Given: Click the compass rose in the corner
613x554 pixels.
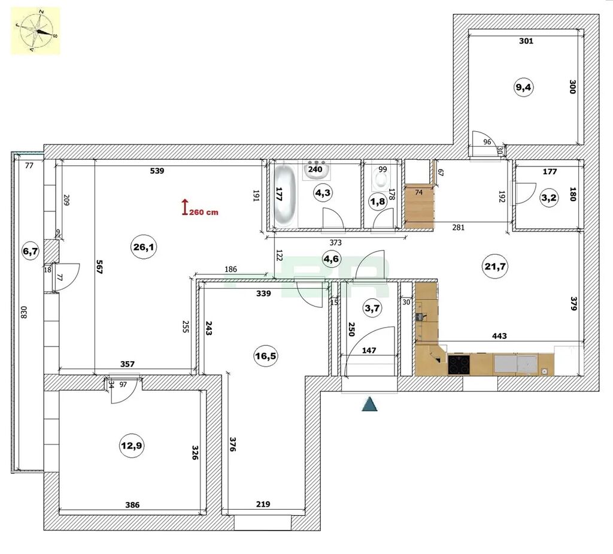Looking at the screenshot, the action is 36,31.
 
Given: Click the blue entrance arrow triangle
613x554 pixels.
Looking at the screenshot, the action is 370,404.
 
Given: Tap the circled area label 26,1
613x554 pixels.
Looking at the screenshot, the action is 144,247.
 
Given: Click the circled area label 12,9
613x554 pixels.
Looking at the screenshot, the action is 132,445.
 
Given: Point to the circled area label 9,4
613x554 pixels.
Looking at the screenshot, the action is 524,87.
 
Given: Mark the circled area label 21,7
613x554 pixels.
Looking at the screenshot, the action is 495,267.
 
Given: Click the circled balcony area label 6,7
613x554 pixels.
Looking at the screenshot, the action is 31,251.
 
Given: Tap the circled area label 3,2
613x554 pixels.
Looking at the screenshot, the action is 549,198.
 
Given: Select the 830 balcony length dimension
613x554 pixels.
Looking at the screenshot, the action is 23,312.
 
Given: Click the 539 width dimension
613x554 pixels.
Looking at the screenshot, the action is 157,171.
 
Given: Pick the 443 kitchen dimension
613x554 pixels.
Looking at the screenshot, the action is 500,335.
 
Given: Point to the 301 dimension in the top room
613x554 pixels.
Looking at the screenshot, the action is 526,41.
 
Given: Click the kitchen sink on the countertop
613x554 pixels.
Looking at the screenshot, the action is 505,364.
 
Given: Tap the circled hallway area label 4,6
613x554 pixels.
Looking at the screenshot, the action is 332,259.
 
